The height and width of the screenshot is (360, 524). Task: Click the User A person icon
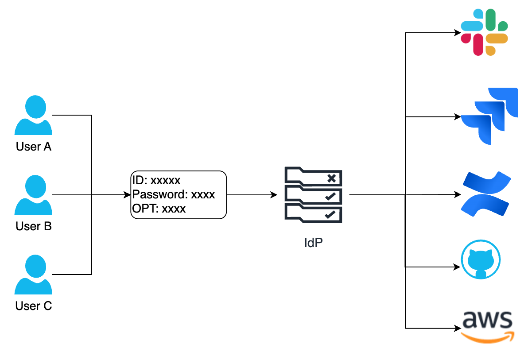(34, 116)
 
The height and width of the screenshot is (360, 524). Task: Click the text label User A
(34, 147)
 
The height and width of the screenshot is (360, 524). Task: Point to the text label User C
(34, 306)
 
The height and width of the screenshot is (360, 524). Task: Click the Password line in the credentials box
(174, 194)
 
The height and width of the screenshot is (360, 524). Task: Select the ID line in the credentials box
(156, 181)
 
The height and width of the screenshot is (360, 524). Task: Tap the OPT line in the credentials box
(159, 208)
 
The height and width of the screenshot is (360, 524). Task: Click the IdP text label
(313, 243)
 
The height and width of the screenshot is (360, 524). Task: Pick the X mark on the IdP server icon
(331, 178)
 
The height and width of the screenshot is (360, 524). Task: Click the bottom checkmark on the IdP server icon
(330, 214)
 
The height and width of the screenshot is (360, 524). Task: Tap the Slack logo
(484, 33)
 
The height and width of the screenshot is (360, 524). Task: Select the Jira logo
(489, 116)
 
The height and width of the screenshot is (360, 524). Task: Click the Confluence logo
(486, 194)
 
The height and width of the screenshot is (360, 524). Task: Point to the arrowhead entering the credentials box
(128, 195)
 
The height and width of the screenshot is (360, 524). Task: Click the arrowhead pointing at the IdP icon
(274, 195)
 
